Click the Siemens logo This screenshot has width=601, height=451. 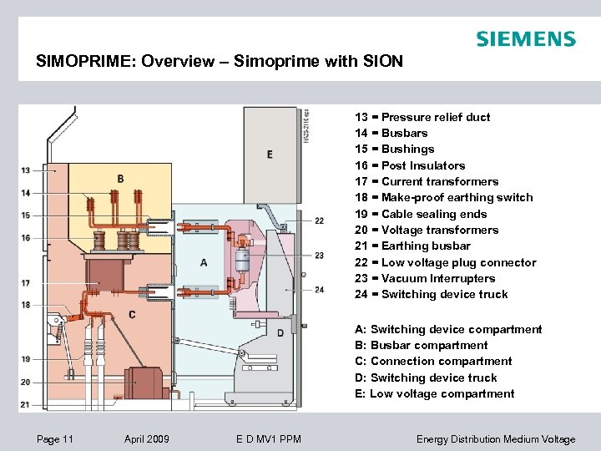point(525,39)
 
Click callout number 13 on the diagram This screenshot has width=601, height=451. point(26,170)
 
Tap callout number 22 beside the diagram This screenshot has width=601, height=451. point(320,220)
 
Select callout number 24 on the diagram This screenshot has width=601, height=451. point(320,290)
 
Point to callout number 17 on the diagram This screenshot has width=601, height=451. point(26,283)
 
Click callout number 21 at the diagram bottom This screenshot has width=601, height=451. point(26,404)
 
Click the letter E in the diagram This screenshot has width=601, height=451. point(270,155)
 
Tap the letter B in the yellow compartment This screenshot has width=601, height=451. point(121,179)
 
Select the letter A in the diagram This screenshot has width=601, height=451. point(205,262)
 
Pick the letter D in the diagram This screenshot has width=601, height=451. point(280,333)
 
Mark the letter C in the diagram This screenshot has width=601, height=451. point(133,314)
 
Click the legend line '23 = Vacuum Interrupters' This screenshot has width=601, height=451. point(425,278)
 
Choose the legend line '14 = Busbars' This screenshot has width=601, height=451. point(391,133)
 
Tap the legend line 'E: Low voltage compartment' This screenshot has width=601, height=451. point(435,393)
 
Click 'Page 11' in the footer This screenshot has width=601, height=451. point(55,439)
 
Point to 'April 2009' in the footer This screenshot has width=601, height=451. point(146,439)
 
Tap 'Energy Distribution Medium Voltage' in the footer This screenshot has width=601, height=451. point(496,439)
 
